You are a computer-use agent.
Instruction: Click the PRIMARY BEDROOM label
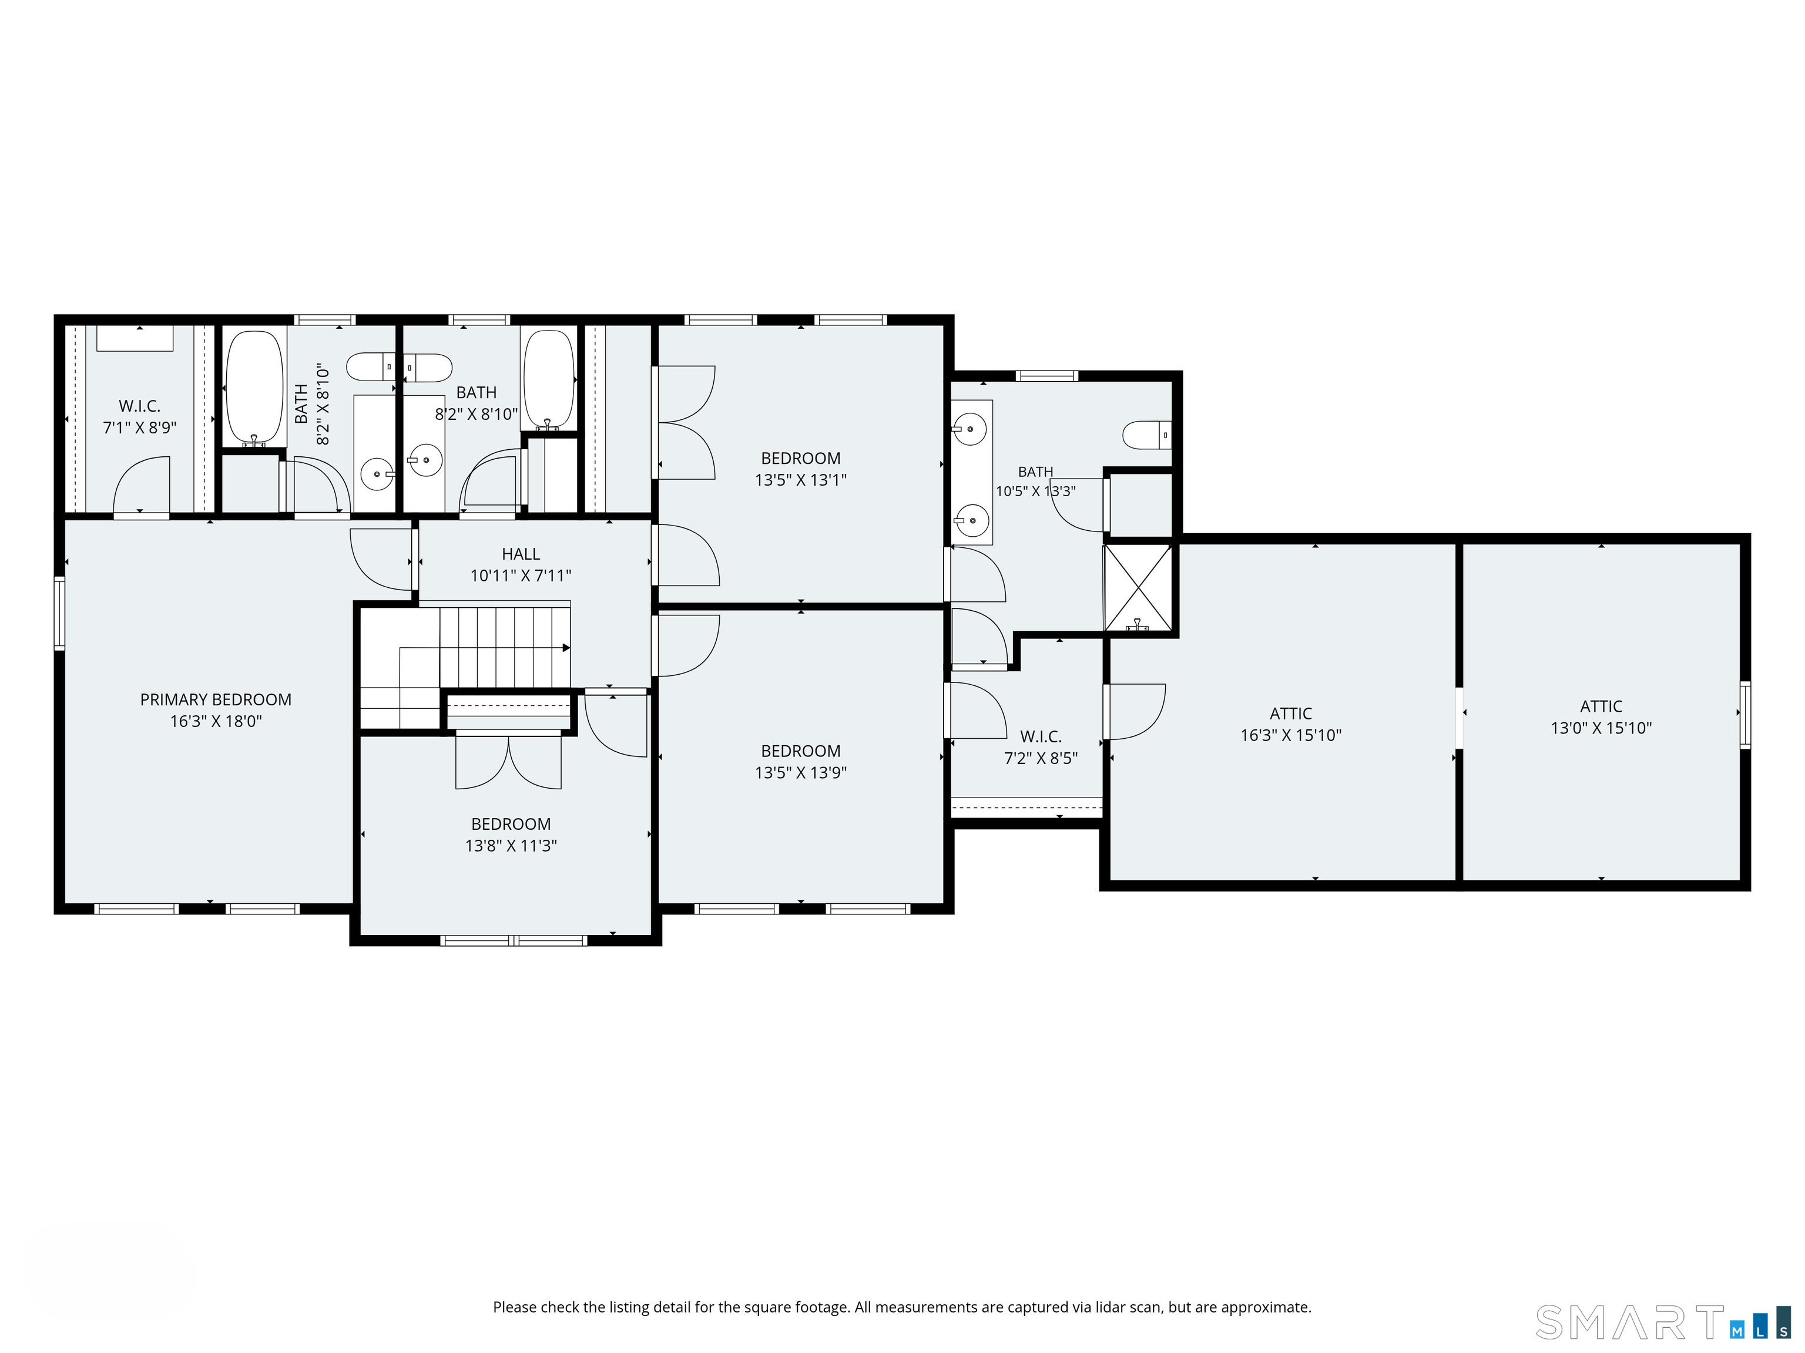click(216, 700)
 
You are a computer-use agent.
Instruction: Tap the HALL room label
click(521, 554)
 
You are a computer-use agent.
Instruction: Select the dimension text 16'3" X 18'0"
click(216, 721)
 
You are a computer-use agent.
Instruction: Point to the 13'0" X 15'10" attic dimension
click(1601, 728)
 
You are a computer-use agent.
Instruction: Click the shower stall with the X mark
click(1138, 587)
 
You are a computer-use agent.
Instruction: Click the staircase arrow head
click(566, 648)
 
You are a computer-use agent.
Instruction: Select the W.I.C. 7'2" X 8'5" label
click(1041, 747)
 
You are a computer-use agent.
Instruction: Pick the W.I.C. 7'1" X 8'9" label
click(139, 416)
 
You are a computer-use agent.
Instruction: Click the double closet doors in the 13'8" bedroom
click(508, 761)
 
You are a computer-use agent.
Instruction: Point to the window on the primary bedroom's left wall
click(59, 613)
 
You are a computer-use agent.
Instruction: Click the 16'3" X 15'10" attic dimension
click(1290, 735)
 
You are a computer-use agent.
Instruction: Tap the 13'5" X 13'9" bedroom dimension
click(800, 772)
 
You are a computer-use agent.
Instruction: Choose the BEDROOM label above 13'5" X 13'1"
click(800, 458)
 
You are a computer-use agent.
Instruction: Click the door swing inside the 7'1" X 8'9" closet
click(141, 486)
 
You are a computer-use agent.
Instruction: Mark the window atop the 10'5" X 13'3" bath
click(1047, 376)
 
